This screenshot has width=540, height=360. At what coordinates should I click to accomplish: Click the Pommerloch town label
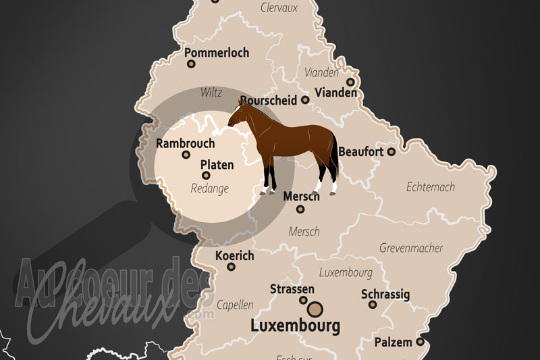point(216,53)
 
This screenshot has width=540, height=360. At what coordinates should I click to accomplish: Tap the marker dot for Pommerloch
point(191,64)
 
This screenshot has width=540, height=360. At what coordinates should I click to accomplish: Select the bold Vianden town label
point(335,93)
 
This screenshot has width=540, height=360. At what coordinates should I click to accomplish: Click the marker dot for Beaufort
point(391,152)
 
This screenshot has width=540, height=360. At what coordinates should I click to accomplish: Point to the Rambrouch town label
point(185,143)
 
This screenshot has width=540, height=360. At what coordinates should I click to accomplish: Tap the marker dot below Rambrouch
point(186,155)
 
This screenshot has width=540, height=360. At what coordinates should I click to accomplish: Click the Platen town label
point(217,164)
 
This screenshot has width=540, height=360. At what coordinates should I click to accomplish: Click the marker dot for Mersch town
point(300,209)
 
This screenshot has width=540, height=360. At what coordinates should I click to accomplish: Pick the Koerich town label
point(234,256)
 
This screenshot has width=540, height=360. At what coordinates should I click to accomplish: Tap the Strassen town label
point(292,289)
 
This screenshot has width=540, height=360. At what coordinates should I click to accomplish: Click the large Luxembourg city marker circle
point(314,310)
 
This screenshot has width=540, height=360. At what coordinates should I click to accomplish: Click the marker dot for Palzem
point(420,342)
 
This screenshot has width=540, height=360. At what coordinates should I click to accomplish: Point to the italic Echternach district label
point(431,187)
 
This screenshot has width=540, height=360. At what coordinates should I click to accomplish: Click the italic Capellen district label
point(235,305)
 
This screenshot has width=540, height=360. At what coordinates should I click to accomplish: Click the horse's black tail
point(334,155)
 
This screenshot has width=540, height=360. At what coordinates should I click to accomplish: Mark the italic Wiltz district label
point(211,93)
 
